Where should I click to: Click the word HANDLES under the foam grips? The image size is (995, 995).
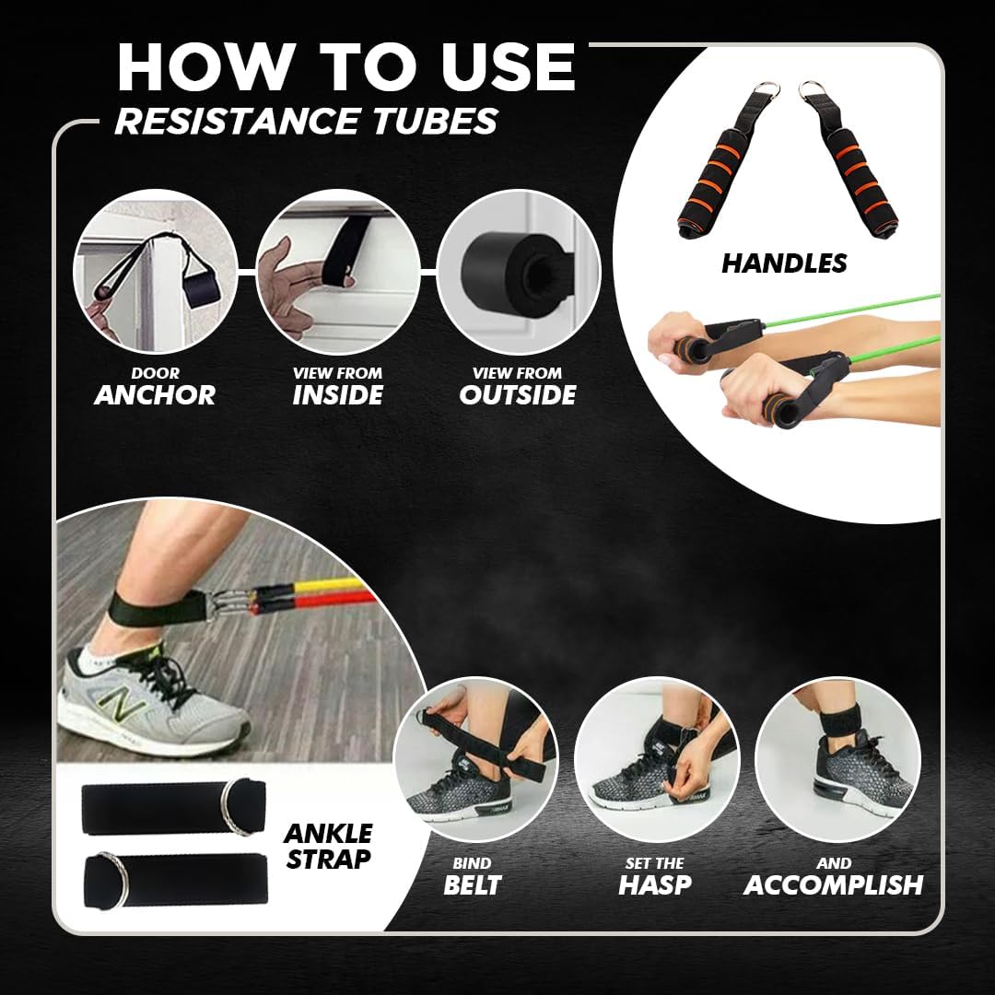(784, 263)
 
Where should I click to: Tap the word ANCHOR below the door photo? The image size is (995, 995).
(155, 394)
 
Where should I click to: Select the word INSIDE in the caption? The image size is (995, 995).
(337, 394)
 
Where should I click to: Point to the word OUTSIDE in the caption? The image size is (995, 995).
(517, 394)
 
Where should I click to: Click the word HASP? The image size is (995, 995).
(655, 884)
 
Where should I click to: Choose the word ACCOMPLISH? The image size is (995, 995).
(833, 884)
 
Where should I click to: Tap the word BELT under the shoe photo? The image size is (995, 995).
(472, 884)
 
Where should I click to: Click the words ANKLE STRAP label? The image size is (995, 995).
(328, 846)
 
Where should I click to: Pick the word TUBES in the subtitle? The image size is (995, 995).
(435, 121)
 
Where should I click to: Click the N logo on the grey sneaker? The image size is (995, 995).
(119, 704)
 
